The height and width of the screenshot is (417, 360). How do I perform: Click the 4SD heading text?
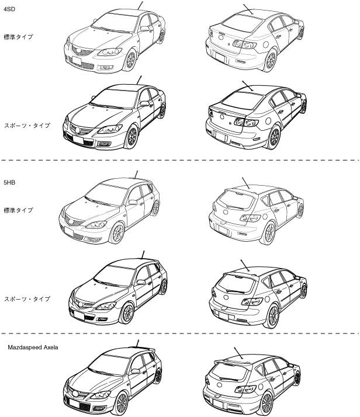click(x=9, y=8)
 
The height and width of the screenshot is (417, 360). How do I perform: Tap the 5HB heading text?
click(x=9, y=182)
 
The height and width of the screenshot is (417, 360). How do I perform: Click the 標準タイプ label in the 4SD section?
click(x=18, y=36)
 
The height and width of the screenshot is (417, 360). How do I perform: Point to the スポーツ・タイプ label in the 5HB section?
click(x=27, y=299)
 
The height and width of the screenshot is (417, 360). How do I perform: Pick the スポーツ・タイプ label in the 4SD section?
click(x=27, y=126)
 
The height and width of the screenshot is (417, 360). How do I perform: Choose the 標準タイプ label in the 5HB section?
click(x=18, y=210)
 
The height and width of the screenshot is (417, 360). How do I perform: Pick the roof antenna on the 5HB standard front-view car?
click(x=136, y=173)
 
